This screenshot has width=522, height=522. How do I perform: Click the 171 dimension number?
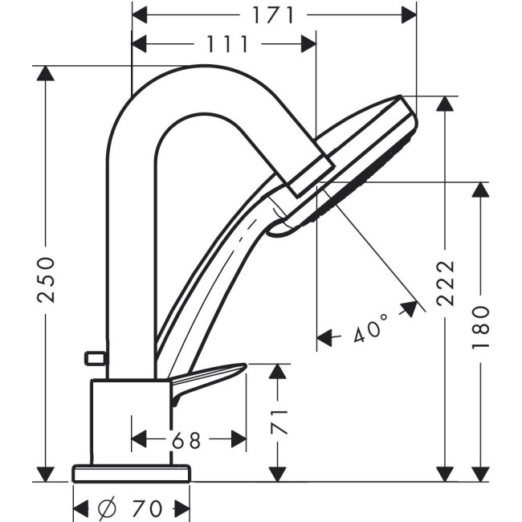[273, 15]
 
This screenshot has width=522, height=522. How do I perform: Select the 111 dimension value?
[227, 44]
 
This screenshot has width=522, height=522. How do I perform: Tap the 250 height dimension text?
[46, 279]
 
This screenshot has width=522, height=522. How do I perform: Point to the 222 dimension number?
[446, 283]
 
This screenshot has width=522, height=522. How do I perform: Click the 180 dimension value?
[481, 327]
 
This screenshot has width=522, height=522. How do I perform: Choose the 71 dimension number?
[279, 422]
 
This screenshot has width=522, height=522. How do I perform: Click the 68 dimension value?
[186, 440]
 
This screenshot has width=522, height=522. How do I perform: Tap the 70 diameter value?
[147, 508]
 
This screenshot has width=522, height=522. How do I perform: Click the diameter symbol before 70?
[108, 508]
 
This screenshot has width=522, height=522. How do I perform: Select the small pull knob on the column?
[95, 358]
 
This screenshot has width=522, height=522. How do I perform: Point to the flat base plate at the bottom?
[132, 474]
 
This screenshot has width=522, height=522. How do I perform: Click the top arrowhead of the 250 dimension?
[45, 73]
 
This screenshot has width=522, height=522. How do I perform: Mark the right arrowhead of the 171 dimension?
[409, 15]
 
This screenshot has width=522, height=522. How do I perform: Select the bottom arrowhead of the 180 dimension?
[480, 474]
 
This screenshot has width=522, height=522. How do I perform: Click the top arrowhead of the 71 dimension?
[278, 371]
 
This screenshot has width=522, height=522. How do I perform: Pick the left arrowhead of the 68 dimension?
[139, 439]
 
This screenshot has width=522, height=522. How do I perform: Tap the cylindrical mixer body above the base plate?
[131, 422]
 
